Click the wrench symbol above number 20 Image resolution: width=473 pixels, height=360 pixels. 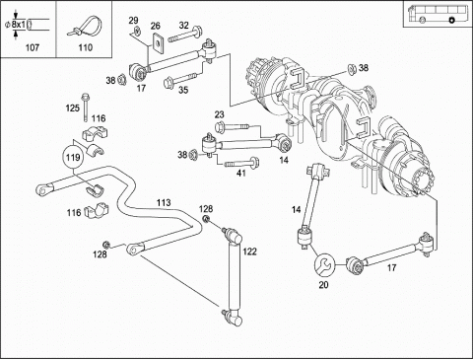pyautogui.click(x=324, y=264)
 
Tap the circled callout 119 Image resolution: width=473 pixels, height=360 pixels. pyautogui.click(x=73, y=157)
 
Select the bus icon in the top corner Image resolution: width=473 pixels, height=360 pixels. pyautogui.click(x=436, y=15)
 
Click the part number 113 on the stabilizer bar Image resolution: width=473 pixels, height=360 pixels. pyautogui.click(x=164, y=202)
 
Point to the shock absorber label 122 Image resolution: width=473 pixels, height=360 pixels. pyautogui.click(x=249, y=252)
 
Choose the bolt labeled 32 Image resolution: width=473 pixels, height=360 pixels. pyautogui.click(x=185, y=35)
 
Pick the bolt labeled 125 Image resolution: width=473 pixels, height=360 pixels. pyautogui.click(x=86, y=107)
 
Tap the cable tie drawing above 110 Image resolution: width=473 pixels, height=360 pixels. pyautogui.click(x=85, y=26)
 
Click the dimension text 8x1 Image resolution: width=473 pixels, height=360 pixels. pyautogui.click(x=19, y=25)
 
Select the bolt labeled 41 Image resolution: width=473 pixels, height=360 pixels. pyautogui.click(x=241, y=163)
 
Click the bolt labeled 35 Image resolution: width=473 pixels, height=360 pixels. pyautogui.click(x=180, y=79)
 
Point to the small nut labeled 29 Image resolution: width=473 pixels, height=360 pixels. pyautogui.click(x=137, y=32)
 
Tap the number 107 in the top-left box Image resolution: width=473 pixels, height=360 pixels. pyautogui.click(x=33, y=47)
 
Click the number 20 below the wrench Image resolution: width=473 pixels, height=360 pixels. pyautogui.click(x=324, y=285)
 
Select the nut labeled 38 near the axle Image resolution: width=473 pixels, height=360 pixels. pyautogui.click(x=352, y=69)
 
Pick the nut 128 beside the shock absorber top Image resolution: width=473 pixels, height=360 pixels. pyautogui.click(x=206, y=219)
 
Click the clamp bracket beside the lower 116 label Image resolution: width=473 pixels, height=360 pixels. pyautogui.click(x=97, y=210)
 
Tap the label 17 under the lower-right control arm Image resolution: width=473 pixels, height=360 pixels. pyautogui.click(x=391, y=267)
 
